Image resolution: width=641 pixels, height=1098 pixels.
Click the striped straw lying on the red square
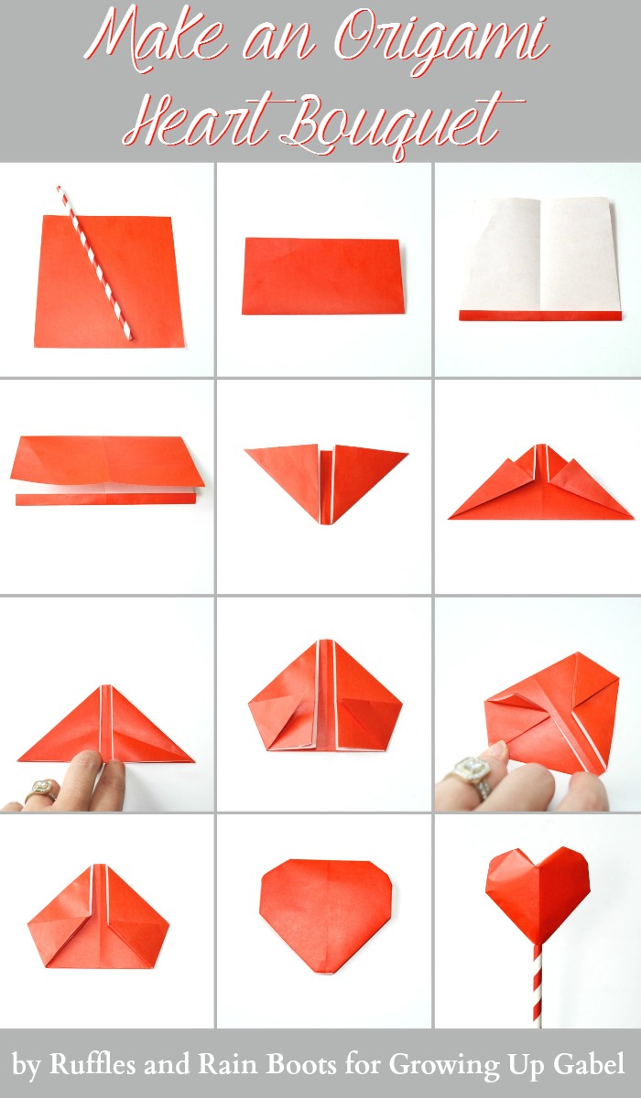point(94,263)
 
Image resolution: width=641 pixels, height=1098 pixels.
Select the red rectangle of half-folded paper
point(323,276)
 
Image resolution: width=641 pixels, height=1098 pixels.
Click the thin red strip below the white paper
point(540,316)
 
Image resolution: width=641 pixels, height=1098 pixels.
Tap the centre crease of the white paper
point(540,254)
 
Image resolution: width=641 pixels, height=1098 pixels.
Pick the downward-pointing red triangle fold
point(326,484)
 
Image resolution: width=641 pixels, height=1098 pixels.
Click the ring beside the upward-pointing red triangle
point(41,788)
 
